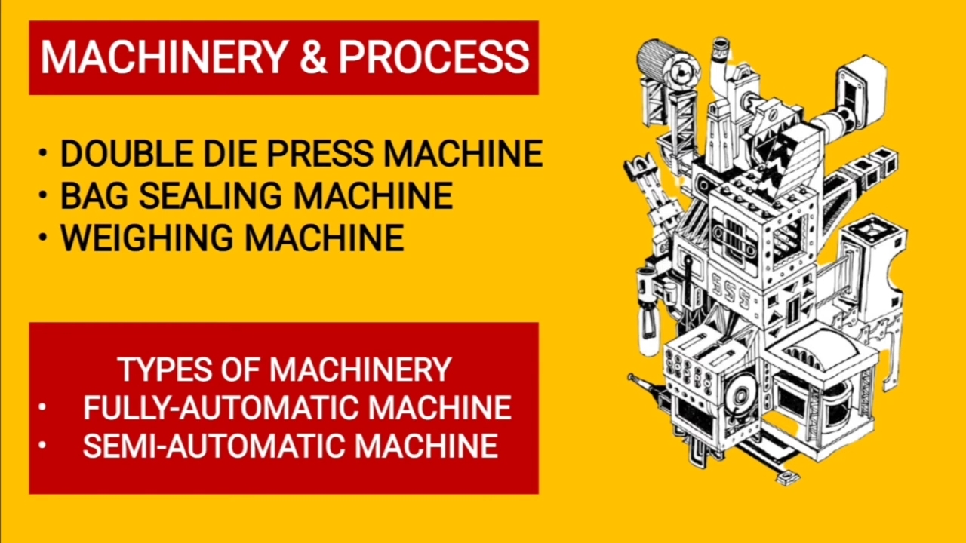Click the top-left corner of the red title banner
pyautogui.click(x=29, y=20)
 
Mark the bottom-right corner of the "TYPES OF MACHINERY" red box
pyautogui.click(x=539, y=494)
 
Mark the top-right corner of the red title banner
pyautogui.click(x=539, y=20)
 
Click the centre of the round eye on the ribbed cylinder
pyautogui.click(x=680, y=72)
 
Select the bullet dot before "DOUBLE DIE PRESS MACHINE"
pyautogui.click(x=42, y=153)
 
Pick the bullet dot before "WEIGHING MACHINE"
pyautogui.click(x=42, y=237)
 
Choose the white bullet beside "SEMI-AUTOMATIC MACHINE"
pyautogui.click(x=42, y=445)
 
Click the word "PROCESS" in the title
pyautogui.click(x=434, y=57)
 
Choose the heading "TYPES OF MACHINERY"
pyautogui.click(x=285, y=370)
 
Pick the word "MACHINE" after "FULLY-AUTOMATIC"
pyautogui.click(x=440, y=408)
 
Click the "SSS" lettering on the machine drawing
pyautogui.click(x=732, y=290)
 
